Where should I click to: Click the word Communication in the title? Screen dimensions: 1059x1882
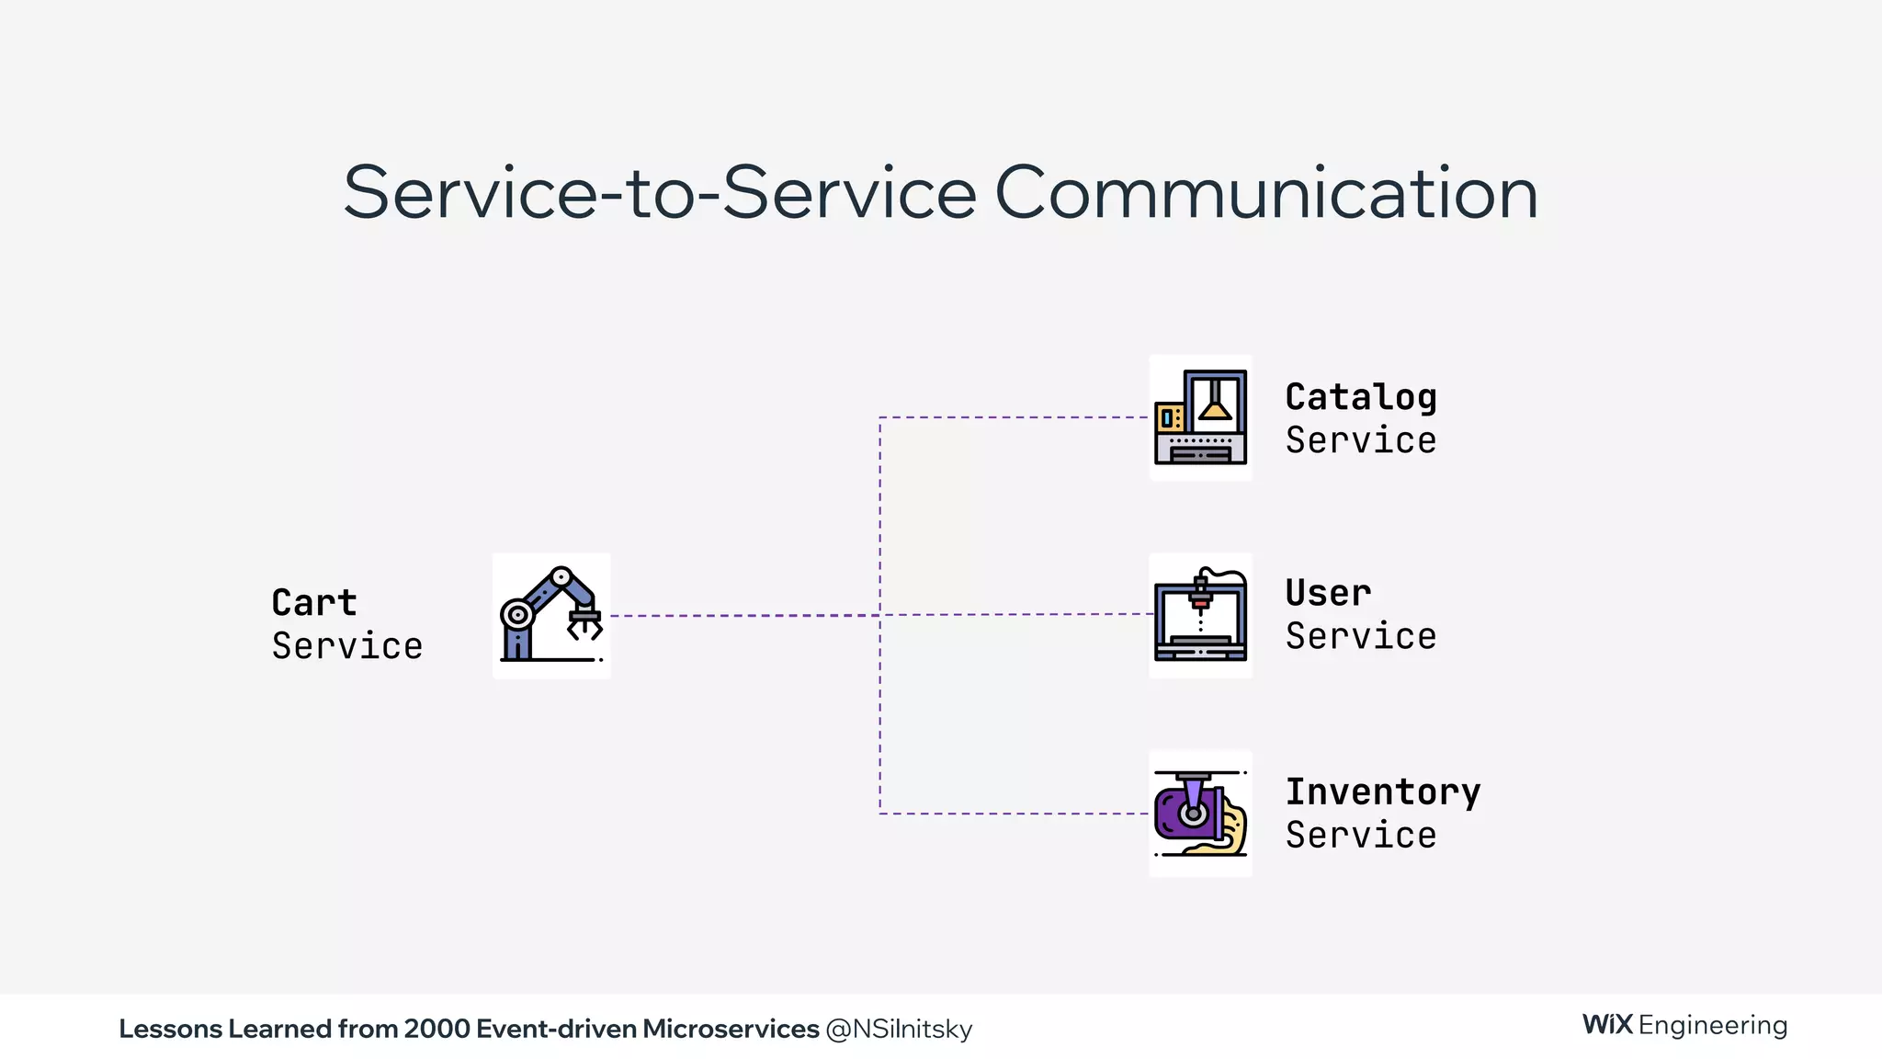tap(1265, 193)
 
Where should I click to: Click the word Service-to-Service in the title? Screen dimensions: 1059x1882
tap(659, 193)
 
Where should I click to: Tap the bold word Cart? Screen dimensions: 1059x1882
tap(313, 603)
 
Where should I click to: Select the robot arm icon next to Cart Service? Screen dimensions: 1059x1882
tap(550, 615)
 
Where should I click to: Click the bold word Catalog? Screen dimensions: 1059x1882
tap(1360, 397)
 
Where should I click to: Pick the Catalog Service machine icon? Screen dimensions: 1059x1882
tap(1200, 417)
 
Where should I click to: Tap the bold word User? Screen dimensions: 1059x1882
tap(1328, 593)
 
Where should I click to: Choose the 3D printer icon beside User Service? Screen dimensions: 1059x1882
tap(1200, 615)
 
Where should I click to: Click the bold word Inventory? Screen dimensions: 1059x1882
tap(1382, 791)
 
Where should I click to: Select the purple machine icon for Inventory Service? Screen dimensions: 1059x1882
tap(1200, 814)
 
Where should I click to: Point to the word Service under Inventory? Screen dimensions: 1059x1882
tap(1360, 836)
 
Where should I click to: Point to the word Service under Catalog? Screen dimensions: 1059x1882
tap(1360, 440)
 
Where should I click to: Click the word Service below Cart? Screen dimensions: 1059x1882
tap(346, 646)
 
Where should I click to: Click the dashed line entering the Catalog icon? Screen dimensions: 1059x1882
tap(1011, 417)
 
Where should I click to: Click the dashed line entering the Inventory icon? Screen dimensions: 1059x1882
tap(1011, 814)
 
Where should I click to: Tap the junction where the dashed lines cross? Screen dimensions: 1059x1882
tap(880, 615)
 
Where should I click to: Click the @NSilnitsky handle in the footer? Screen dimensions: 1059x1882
tap(899, 1029)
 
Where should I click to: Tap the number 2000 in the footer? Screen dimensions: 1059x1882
tap(436, 1029)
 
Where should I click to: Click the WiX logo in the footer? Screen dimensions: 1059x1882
tap(1607, 1025)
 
